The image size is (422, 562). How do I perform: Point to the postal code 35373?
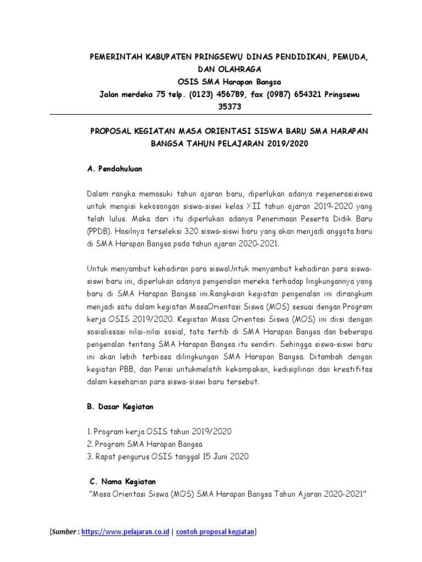pos(230,106)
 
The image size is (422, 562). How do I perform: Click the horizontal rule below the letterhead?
pos(211,115)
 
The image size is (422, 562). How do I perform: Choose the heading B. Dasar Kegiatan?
pos(120,407)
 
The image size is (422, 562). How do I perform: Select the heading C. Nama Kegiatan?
pos(122,481)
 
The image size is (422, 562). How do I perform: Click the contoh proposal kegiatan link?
pos(215,532)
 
